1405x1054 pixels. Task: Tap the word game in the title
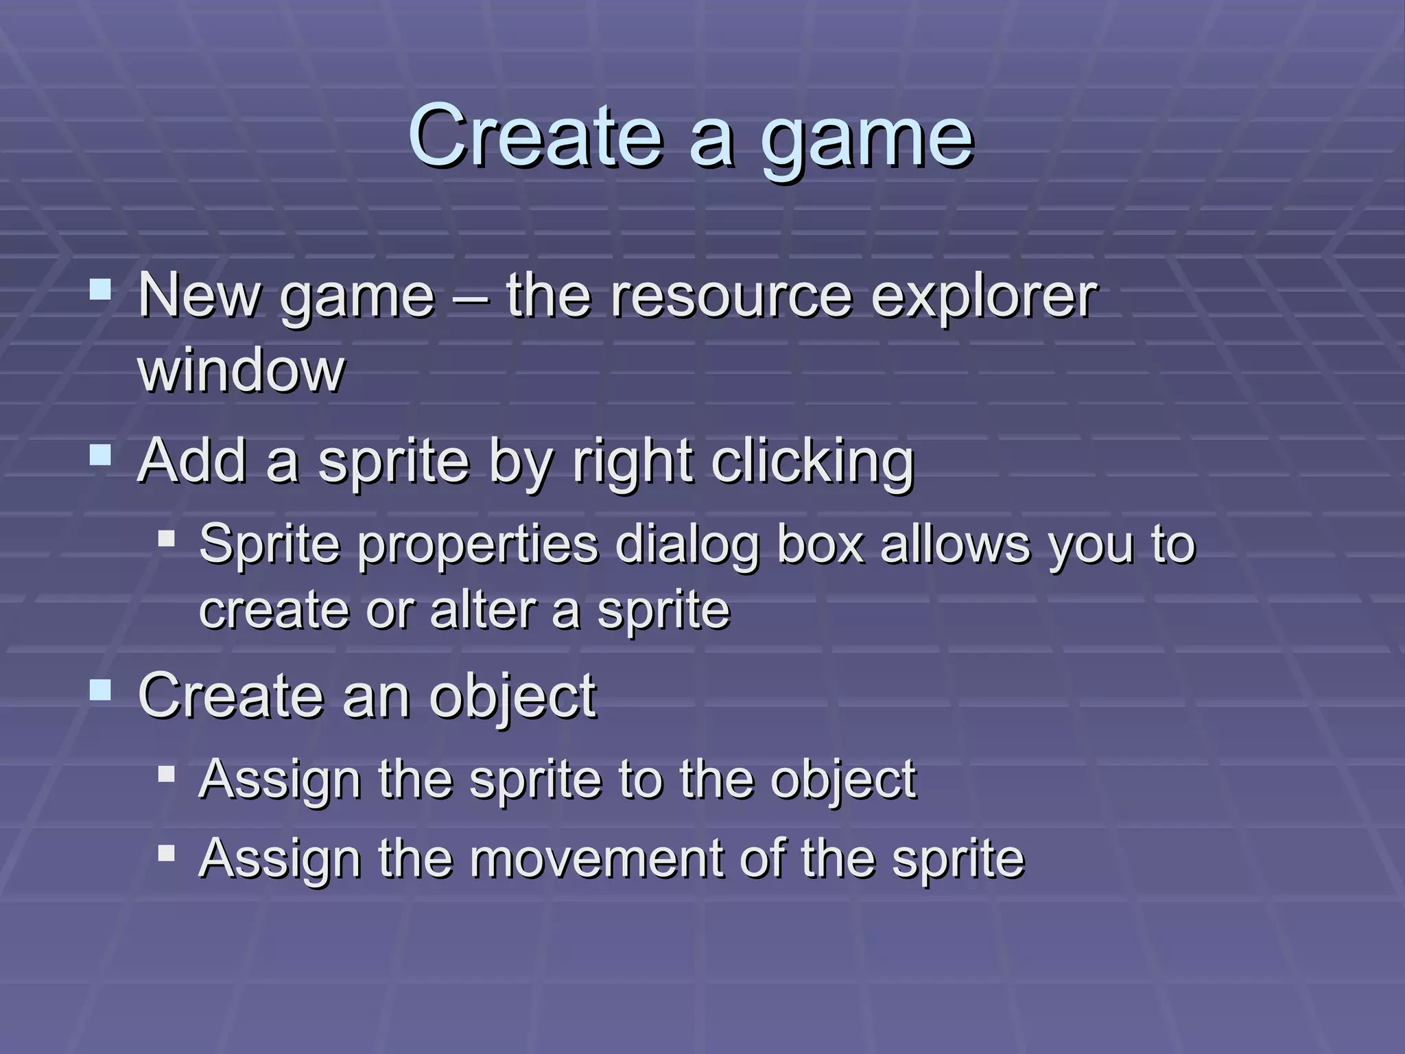[867, 141]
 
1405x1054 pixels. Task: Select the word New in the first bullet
[199, 296]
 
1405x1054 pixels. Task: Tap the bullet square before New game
[100, 289]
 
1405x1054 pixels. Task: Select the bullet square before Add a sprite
[100, 454]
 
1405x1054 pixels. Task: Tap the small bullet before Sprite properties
[166, 537]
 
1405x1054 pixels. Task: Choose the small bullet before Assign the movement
[166, 853]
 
